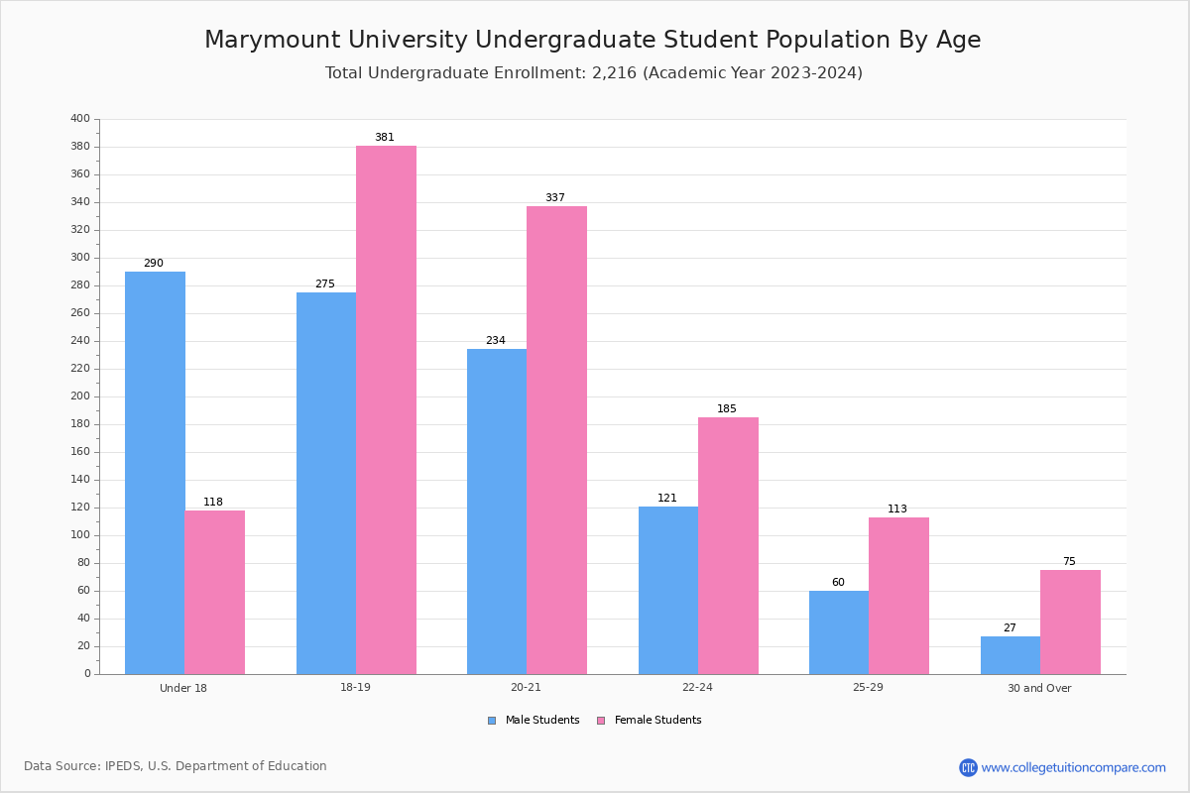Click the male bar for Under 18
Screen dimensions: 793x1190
[x=155, y=473]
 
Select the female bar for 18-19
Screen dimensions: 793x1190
[x=386, y=409]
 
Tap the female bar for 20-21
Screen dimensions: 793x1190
[x=556, y=440]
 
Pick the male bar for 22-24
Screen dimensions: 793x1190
[x=667, y=590]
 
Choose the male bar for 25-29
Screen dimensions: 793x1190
[x=838, y=632]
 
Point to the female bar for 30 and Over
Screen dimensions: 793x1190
[x=1070, y=622]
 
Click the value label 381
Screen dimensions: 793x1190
[x=384, y=138]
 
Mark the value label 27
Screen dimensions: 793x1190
[x=1010, y=628]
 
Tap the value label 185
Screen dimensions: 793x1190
[x=727, y=409]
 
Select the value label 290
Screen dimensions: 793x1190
[x=153, y=264]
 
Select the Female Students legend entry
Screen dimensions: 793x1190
[x=650, y=721]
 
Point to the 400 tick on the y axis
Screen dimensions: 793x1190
[x=80, y=119]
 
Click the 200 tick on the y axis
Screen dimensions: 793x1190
[x=80, y=396]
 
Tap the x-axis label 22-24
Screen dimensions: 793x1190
[x=697, y=688]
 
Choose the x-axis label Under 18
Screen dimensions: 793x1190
[x=183, y=688]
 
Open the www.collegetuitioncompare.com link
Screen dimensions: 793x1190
[x=1073, y=767]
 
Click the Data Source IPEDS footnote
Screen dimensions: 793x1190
[x=176, y=766]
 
